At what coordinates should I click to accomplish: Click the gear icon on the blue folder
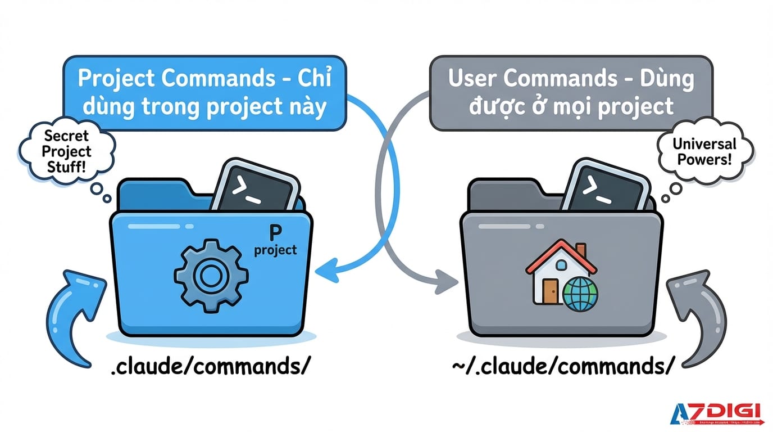click(211, 275)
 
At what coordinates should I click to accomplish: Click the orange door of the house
click(549, 292)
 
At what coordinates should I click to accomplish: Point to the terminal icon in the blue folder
click(256, 186)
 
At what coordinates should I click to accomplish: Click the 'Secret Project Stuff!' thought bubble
click(66, 151)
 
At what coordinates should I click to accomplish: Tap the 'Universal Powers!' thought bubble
click(702, 152)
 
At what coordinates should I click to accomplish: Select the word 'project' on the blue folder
click(275, 250)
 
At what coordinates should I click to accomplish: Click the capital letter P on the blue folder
click(275, 231)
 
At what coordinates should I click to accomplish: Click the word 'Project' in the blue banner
click(116, 79)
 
